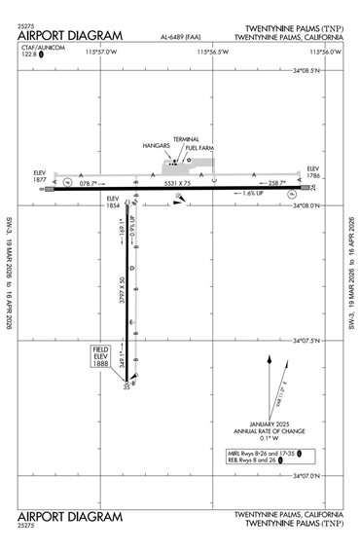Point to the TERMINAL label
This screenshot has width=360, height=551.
pos(186,139)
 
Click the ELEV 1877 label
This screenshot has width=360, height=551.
pos(40,176)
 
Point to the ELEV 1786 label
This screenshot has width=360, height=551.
pos(312,172)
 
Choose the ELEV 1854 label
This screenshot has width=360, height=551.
pos(113,202)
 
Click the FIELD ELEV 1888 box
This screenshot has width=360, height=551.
pos(101,355)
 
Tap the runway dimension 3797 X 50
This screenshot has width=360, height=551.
pos(123,292)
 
